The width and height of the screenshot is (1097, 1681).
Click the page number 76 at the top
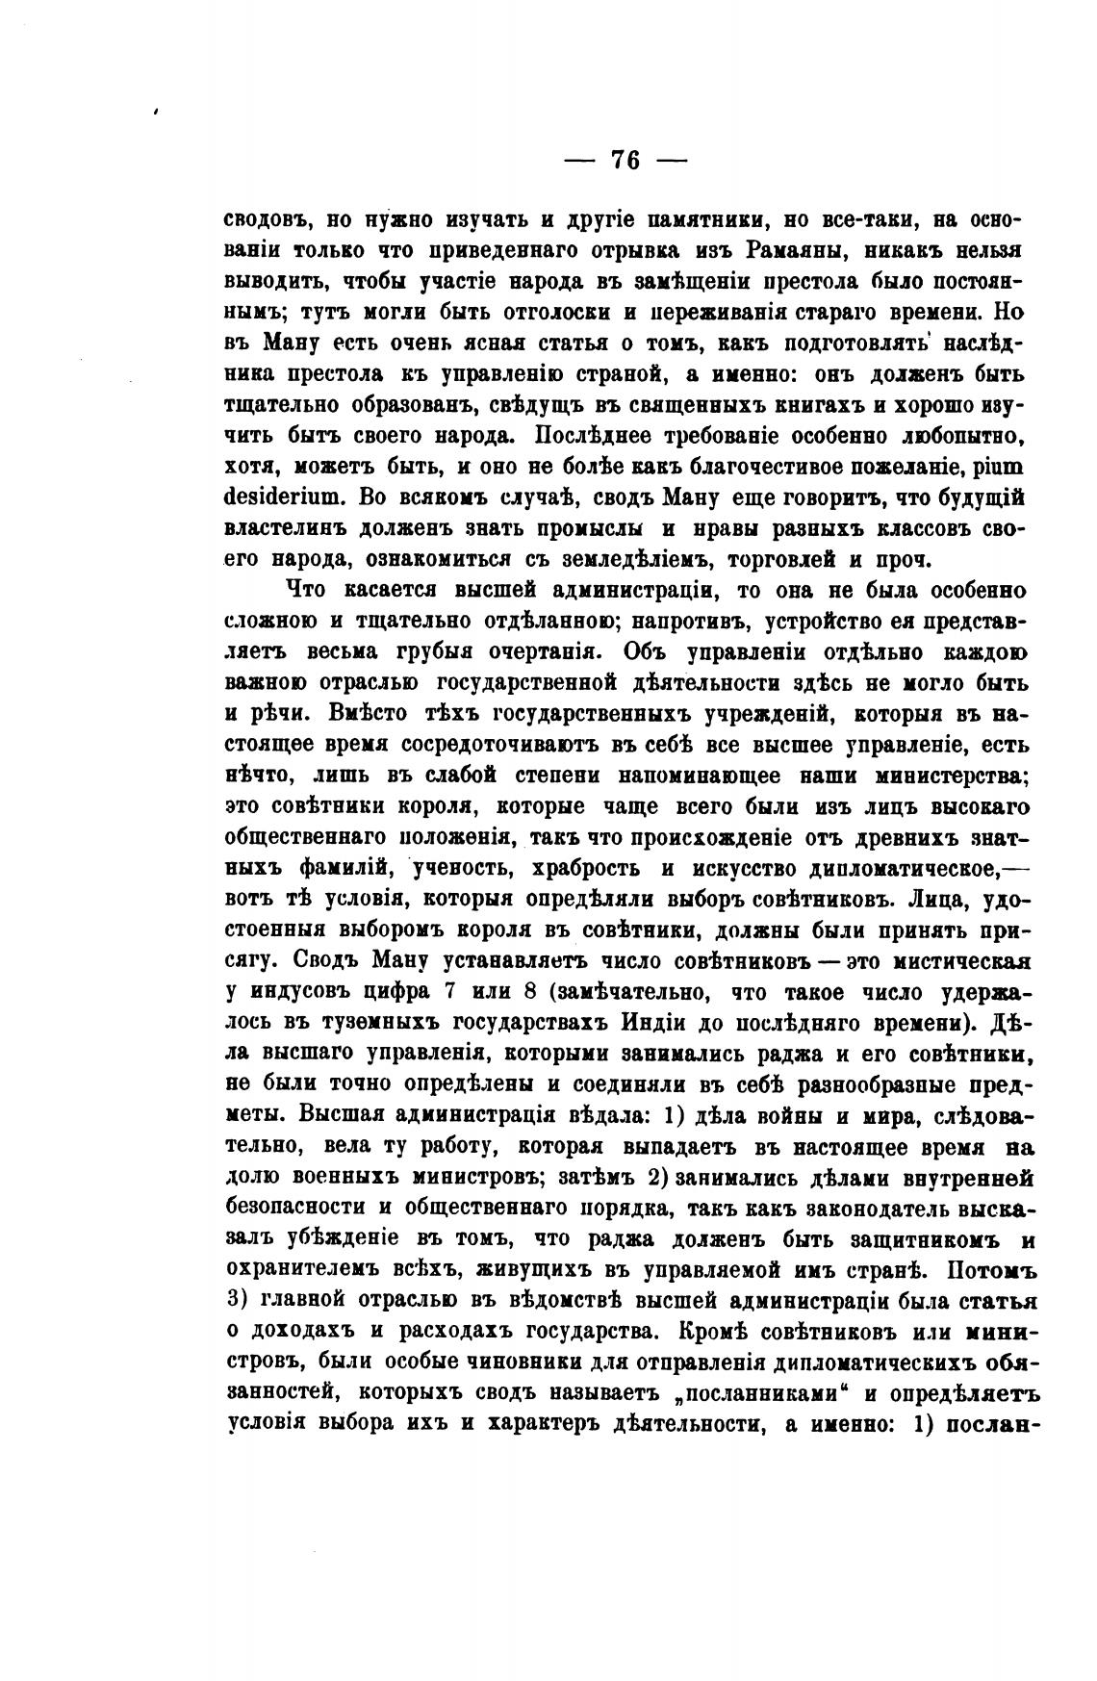pyautogui.click(x=625, y=160)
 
